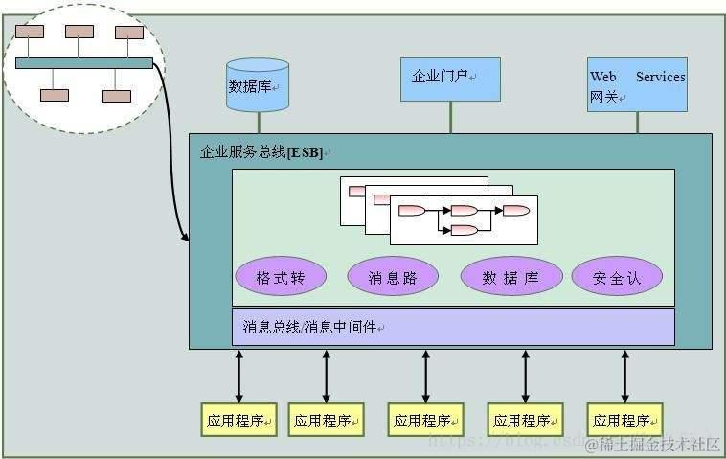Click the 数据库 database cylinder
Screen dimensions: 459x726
pos(258,84)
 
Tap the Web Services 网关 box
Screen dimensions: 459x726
pos(637,85)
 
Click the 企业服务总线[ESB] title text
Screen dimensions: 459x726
pos(261,152)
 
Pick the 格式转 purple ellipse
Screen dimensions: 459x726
pos(281,277)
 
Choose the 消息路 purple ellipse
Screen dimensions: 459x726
pos(393,277)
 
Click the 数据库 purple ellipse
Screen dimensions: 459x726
pos(510,277)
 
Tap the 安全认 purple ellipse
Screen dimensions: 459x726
pos(617,277)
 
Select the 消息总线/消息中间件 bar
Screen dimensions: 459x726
pos(452,327)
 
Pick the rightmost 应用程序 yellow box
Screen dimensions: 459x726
pos(626,420)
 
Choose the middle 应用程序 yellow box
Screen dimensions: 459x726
pos(425,420)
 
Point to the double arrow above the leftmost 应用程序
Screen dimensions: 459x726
pos(239,376)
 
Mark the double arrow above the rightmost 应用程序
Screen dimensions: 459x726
pos(625,376)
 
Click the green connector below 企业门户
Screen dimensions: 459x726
pos(450,117)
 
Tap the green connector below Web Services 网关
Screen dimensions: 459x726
pos(637,123)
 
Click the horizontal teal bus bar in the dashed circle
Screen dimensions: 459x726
pos(84,63)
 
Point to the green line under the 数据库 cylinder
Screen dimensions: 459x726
pos(258,123)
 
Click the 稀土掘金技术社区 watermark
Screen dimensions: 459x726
pos(652,444)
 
